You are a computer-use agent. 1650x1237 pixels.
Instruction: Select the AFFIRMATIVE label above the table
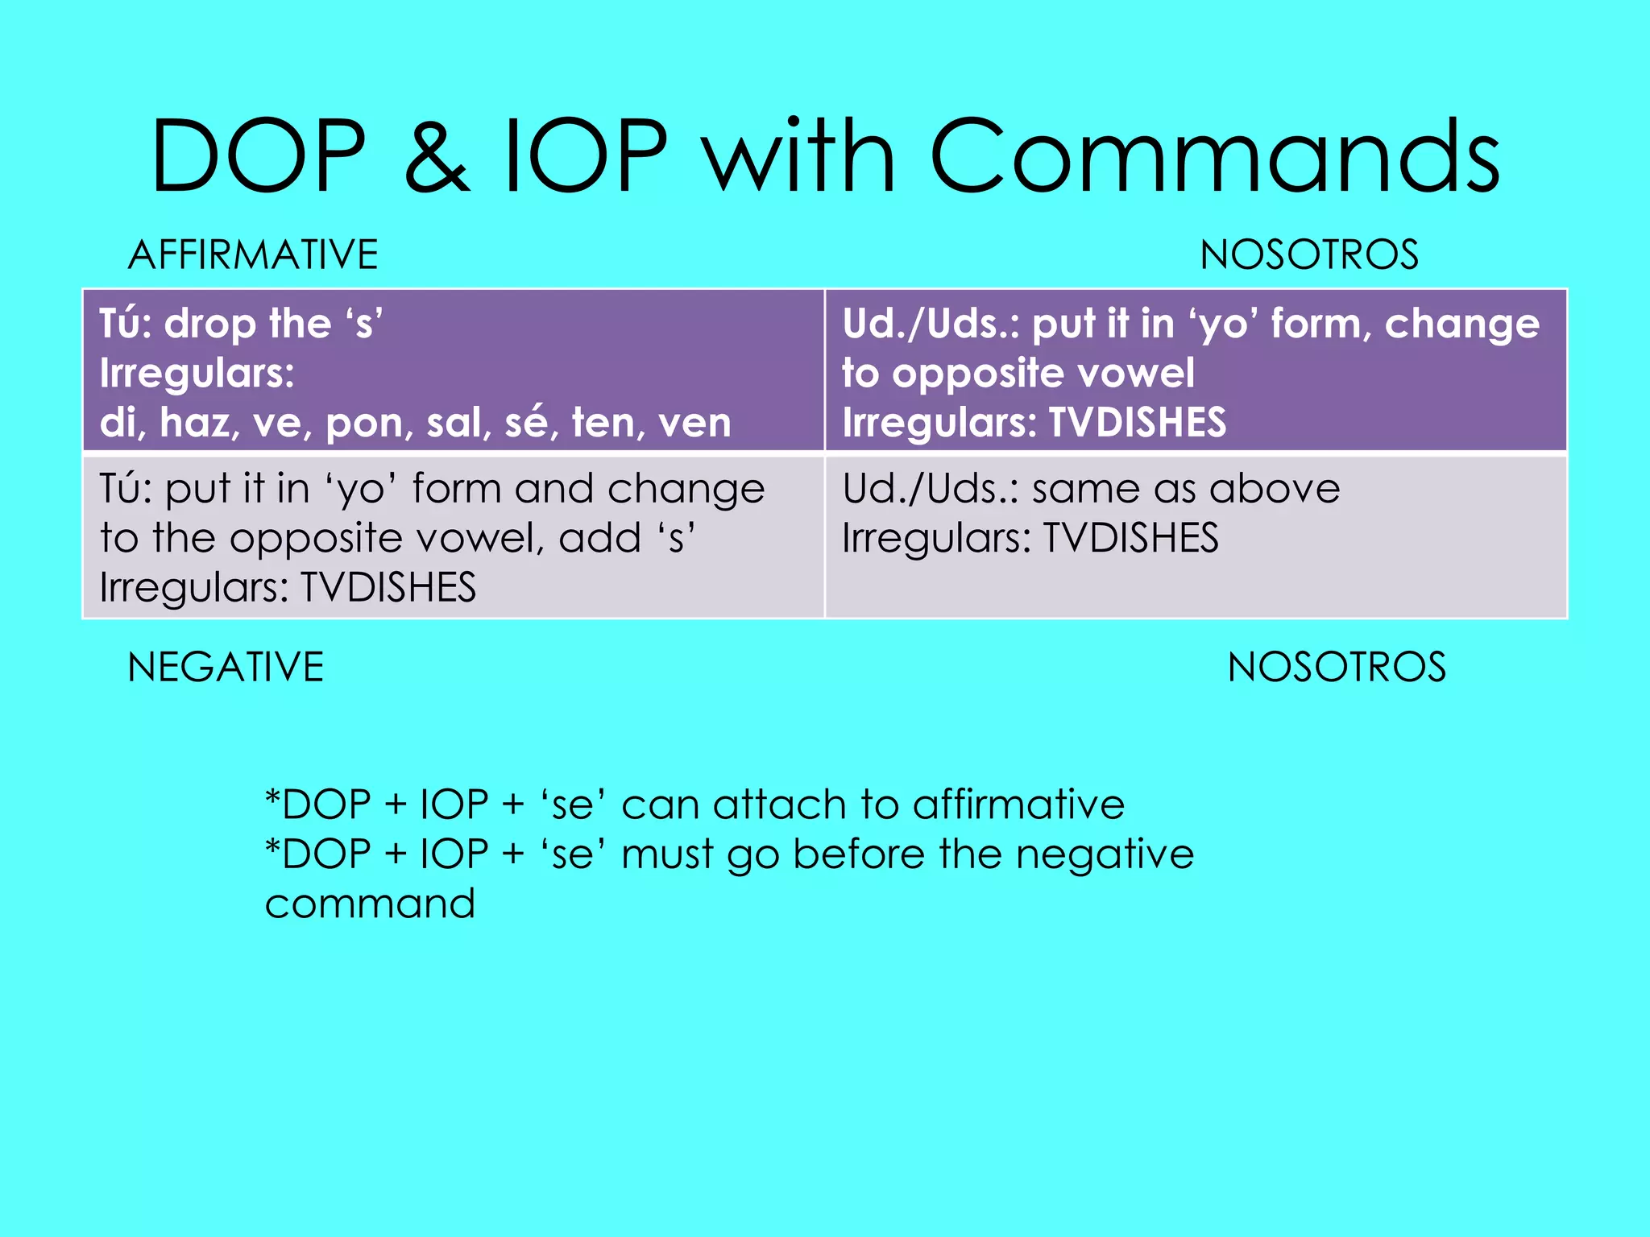point(253,255)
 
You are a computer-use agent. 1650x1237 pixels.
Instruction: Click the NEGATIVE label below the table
point(226,668)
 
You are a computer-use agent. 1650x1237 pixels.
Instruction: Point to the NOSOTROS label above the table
point(1309,255)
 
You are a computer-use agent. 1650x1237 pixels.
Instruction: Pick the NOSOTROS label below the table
point(1337,668)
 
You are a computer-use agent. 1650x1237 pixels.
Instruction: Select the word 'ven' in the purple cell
point(694,423)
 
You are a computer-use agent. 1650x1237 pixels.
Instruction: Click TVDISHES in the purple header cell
point(1137,423)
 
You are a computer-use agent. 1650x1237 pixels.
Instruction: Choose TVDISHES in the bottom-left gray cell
point(388,587)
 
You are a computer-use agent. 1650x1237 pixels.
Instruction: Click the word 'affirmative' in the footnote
point(1018,805)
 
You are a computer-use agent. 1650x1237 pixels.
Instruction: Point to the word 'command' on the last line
point(370,904)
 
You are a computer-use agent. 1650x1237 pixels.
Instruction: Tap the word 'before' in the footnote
point(859,854)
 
